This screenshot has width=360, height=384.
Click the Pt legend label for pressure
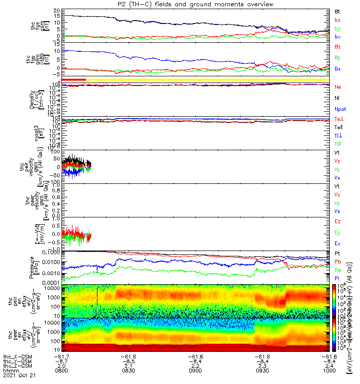pos(337,253)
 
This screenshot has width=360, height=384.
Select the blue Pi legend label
pos(337,279)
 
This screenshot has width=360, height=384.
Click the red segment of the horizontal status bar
pos(73,80)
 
